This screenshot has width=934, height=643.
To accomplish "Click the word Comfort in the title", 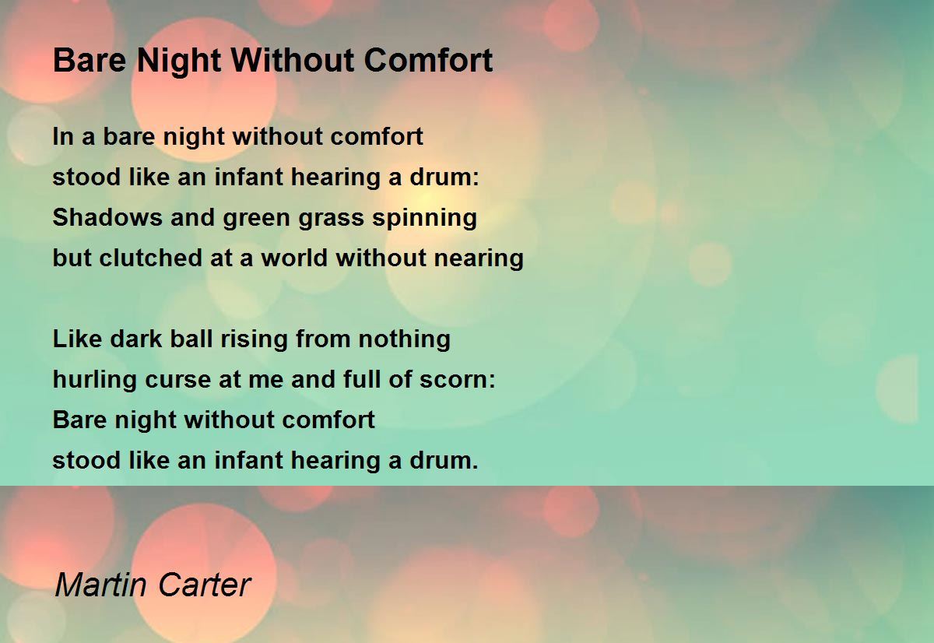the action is click(428, 61).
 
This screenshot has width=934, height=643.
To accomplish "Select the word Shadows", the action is click(107, 217).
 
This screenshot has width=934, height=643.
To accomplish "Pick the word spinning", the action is click(424, 219).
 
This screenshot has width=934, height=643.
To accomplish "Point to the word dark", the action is click(136, 339).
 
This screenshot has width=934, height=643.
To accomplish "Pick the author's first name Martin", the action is click(102, 585).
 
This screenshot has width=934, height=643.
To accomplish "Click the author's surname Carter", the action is click(204, 585).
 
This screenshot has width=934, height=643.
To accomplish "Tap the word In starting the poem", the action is click(63, 136).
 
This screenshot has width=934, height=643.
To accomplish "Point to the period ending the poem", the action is click(476, 467).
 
